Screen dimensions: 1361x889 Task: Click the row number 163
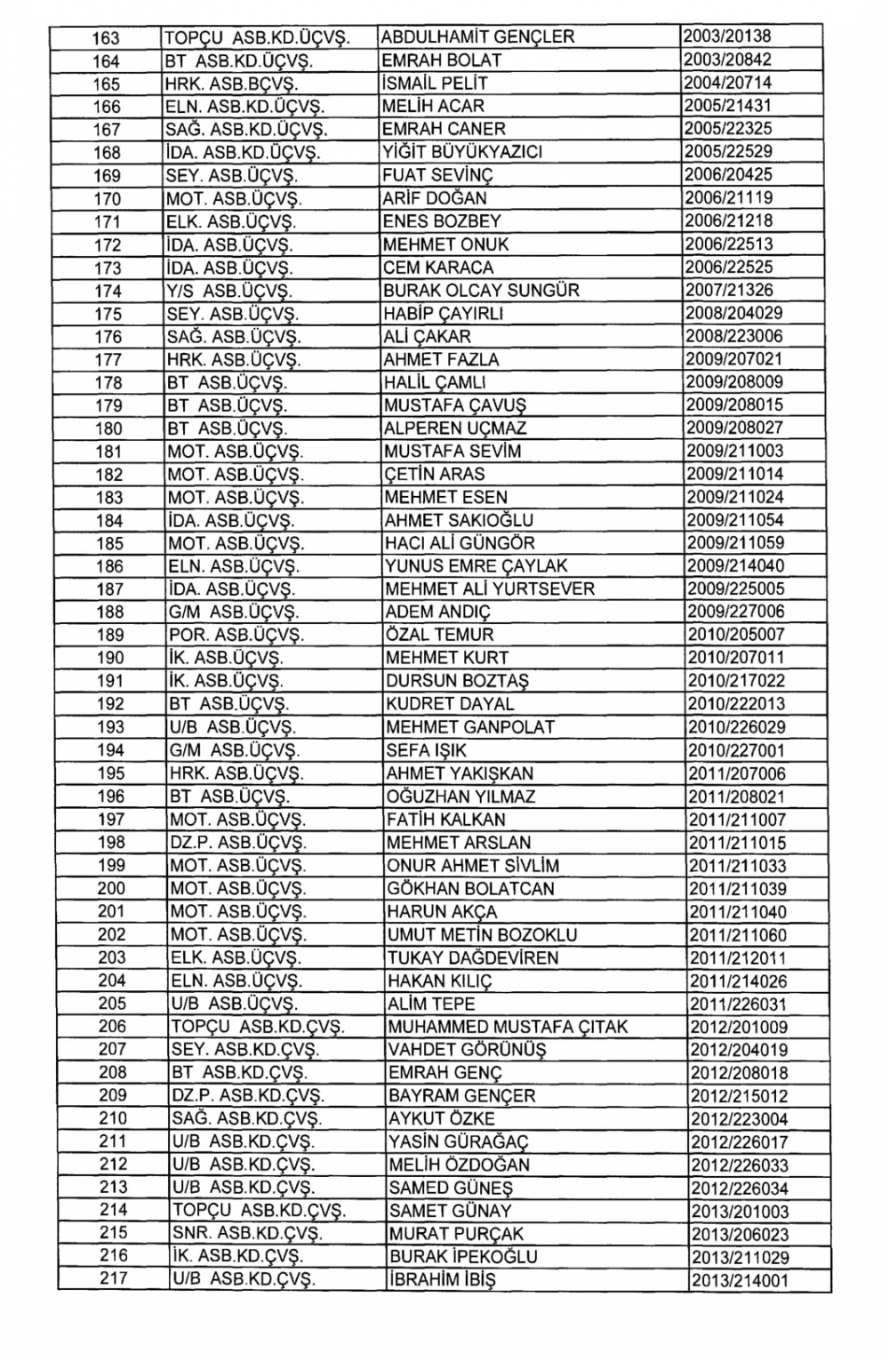[106, 37]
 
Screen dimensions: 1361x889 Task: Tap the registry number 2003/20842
[726, 60]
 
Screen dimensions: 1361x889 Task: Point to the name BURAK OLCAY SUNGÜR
[481, 291]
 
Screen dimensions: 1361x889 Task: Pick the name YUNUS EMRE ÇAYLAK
[476, 566]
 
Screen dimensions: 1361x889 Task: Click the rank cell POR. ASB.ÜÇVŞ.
[236, 636]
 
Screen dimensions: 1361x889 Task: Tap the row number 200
[111, 889]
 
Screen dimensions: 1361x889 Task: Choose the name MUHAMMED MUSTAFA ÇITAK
[508, 1028]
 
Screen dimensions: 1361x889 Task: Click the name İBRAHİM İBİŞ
[442, 1280]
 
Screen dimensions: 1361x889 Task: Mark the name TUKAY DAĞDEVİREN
[473, 958]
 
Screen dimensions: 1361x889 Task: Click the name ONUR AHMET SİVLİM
[473, 866]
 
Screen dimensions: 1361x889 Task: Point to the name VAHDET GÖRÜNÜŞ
[467, 1051]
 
